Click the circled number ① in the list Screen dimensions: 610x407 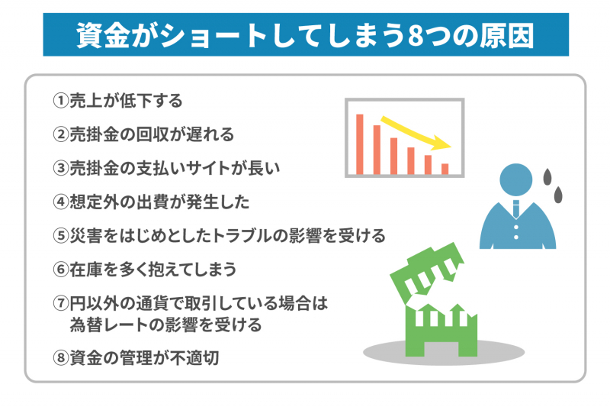[61, 101]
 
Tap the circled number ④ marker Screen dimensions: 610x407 [61, 202]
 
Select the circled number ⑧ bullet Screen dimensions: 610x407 [61, 358]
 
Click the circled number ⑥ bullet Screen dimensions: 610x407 [61, 270]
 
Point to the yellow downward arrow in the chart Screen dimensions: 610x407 [416, 132]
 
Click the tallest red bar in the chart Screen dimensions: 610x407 [360, 144]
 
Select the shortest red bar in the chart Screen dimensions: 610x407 [445, 169]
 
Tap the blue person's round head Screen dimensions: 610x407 [516, 179]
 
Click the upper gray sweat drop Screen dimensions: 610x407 [547, 176]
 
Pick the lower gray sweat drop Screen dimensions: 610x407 [558, 195]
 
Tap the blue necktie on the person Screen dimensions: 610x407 [516, 209]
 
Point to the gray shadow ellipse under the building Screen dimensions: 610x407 [444, 353]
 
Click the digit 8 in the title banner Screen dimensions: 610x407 [416, 36]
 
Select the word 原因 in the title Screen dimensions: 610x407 [507, 35]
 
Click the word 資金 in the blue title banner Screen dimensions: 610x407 [103, 35]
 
